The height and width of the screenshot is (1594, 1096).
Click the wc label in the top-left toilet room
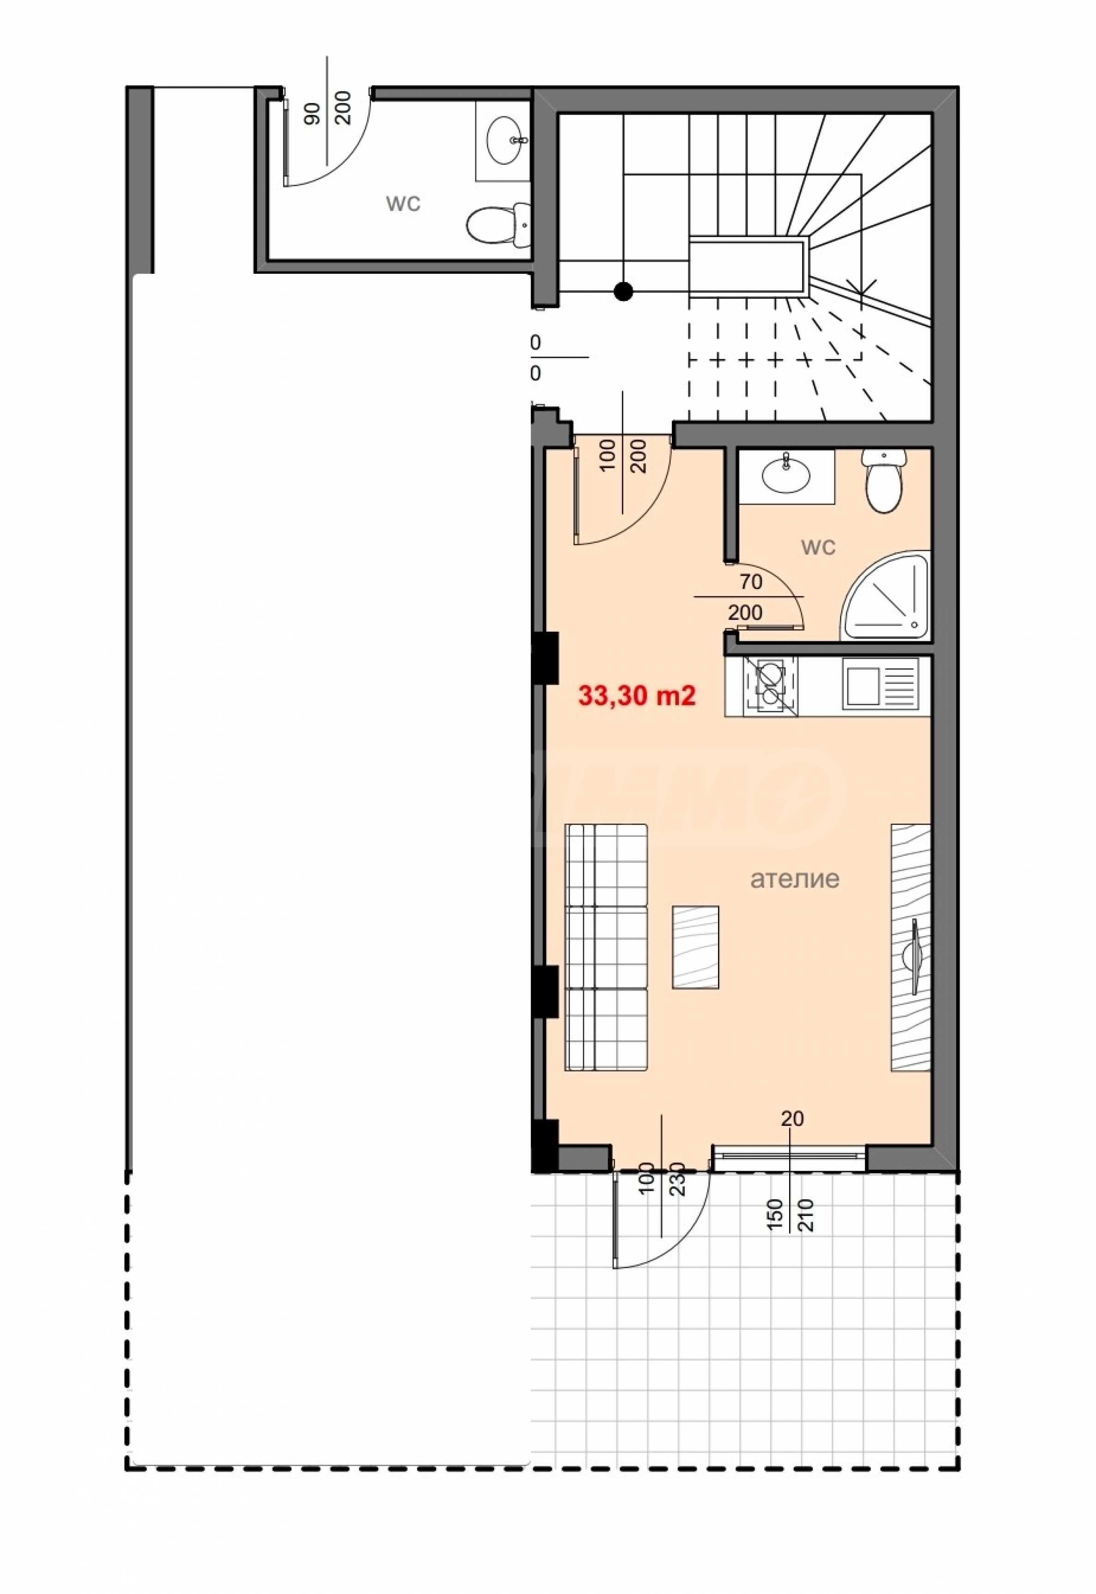(403, 204)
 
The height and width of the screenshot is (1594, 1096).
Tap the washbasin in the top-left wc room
(505, 141)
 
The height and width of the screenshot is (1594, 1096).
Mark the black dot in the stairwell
(623, 292)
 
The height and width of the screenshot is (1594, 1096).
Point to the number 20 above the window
(792, 1119)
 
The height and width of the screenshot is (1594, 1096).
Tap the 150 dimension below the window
(775, 1215)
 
